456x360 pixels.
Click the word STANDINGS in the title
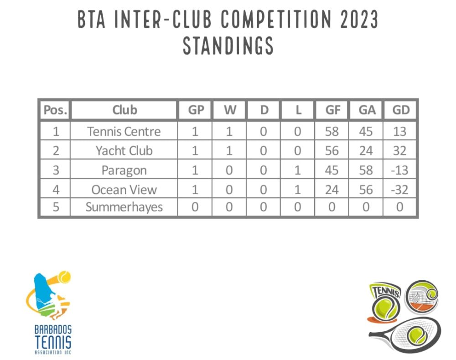point(228,46)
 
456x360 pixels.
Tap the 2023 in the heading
point(359,19)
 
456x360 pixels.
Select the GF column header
point(333,110)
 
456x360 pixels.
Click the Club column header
point(124,110)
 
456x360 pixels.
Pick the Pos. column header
point(55,110)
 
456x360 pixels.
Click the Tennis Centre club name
point(124,132)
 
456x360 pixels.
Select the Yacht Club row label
point(124,151)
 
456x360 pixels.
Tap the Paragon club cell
point(124,170)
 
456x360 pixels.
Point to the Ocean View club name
point(124,190)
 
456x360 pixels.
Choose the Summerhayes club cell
point(124,207)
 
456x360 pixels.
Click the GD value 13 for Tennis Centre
point(399,132)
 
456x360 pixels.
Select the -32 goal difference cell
point(399,190)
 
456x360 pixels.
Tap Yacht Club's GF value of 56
point(332,151)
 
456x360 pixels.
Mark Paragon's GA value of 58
point(366,170)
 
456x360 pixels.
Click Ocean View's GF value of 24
point(332,190)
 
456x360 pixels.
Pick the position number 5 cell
point(56,207)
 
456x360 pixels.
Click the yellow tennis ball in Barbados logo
point(64,277)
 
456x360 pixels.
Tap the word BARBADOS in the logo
point(53,330)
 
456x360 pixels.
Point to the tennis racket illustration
point(405,334)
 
